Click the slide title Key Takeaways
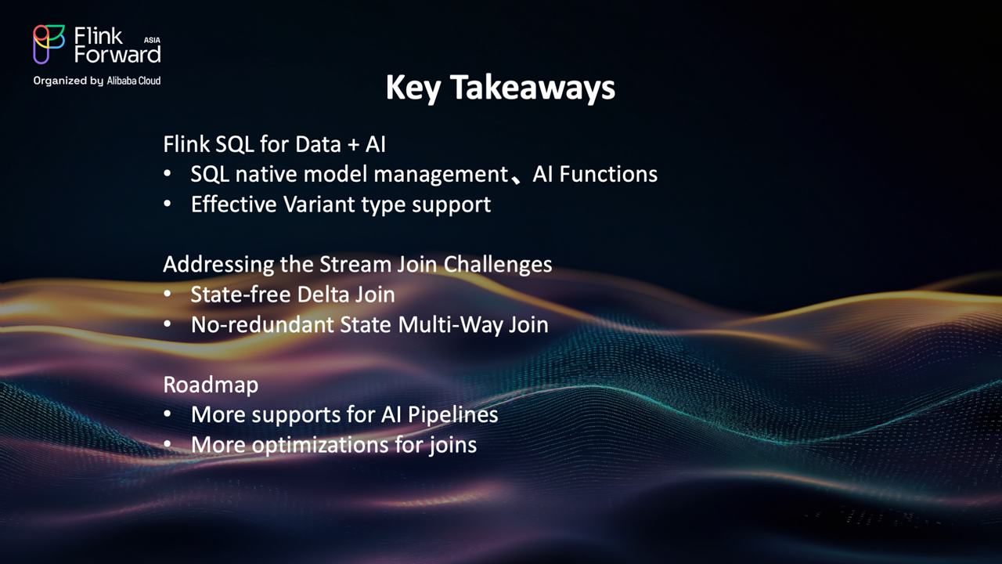click(x=500, y=88)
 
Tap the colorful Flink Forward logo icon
click(x=49, y=44)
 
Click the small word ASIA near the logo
click(x=152, y=40)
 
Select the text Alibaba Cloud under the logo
click(x=134, y=81)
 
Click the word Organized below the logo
click(x=60, y=81)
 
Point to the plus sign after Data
click(x=353, y=145)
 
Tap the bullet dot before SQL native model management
click(x=168, y=174)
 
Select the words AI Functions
click(x=595, y=174)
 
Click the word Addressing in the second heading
click(x=218, y=265)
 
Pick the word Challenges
click(x=498, y=265)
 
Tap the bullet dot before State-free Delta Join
click(x=168, y=294)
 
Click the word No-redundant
click(x=262, y=325)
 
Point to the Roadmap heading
click(x=211, y=385)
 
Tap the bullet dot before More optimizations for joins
click(x=168, y=444)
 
